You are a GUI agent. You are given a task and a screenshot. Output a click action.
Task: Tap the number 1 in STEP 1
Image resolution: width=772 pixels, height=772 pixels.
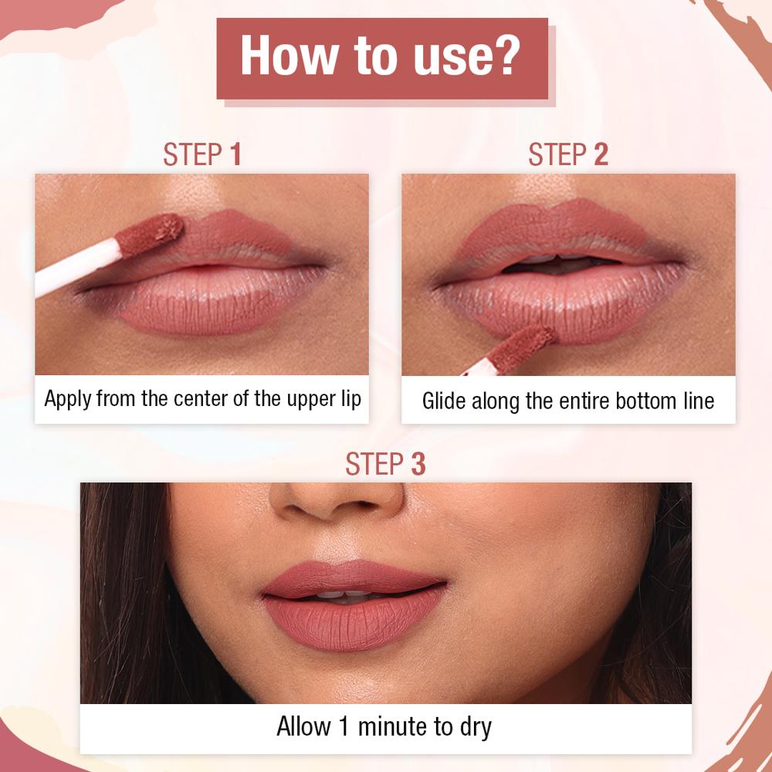235,154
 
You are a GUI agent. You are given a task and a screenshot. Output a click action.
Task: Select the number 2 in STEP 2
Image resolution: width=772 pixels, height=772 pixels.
601,154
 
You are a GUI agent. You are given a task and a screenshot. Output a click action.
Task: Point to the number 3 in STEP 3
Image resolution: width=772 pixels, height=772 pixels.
418,464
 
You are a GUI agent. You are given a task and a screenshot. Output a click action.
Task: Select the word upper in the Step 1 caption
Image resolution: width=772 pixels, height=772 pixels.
313,400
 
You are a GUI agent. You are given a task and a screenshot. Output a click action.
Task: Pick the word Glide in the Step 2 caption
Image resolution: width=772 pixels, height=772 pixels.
443,401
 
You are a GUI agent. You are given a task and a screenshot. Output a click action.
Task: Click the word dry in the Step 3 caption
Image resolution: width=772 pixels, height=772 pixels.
474,728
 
